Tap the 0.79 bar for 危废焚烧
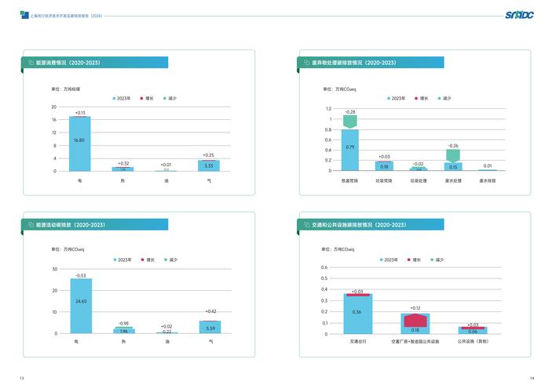pyautogui.click(x=350, y=150)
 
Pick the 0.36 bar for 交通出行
pyautogui.click(x=358, y=314)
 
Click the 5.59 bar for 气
pyautogui.click(x=210, y=327)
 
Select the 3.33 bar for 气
pyautogui.click(x=209, y=165)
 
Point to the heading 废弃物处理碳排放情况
pyautogui.click(x=353, y=62)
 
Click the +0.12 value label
pyautogui.click(x=415, y=308)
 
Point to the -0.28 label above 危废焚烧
pyautogui.click(x=350, y=112)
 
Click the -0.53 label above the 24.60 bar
pyautogui.click(x=80, y=275)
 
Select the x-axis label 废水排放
pyautogui.click(x=488, y=180)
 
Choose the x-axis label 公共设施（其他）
pyautogui.click(x=473, y=342)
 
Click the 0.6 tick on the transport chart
pyautogui.click(x=325, y=267)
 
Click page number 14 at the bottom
pyautogui.click(x=532, y=379)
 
